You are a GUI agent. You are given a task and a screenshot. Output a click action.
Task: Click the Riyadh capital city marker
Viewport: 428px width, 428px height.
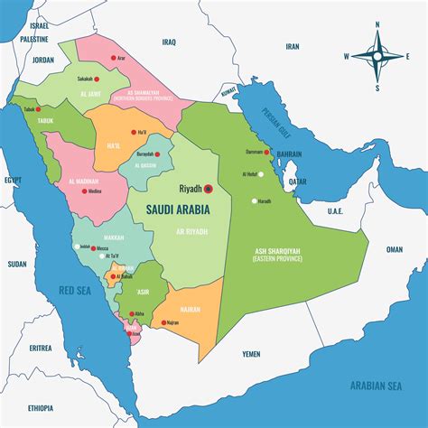(208, 189)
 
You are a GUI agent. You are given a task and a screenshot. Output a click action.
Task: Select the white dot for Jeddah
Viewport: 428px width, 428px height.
(77, 247)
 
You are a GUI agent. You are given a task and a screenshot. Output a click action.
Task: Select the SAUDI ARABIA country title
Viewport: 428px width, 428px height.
(178, 209)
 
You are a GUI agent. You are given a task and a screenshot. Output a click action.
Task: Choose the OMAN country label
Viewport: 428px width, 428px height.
(394, 249)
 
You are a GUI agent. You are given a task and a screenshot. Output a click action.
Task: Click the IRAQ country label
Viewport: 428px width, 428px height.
(169, 42)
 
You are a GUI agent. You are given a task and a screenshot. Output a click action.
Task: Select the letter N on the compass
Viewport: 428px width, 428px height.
(378, 24)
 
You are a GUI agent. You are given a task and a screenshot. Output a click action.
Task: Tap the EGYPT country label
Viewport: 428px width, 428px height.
(13, 181)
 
